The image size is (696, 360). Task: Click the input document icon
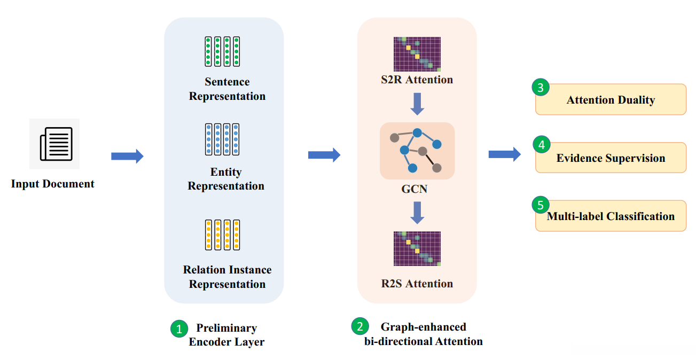(x=54, y=144)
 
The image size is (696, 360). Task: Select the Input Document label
(x=53, y=184)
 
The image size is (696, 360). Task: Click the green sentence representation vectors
(x=222, y=51)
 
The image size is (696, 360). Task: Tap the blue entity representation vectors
(x=222, y=139)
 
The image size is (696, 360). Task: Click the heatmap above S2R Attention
(x=417, y=54)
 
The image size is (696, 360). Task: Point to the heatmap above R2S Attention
(x=417, y=248)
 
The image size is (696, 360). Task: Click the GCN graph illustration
(x=417, y=151)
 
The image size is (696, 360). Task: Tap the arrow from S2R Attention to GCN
(x=417, y=104)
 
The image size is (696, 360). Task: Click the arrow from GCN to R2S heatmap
(x=417, y=213)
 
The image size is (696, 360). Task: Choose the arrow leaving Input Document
(x=127, y=156)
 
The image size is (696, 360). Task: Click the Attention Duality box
(x=611, y=100)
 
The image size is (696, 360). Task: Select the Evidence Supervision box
(x=611, y=158)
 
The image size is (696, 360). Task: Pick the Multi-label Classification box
(x=611, y=216)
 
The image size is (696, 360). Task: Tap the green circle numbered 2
(x=360, y=326)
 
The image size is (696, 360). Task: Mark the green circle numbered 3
(x=541, y=88)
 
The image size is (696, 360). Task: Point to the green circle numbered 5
(x=541, y=205)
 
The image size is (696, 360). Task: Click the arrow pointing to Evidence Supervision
(x=504, y=154)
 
